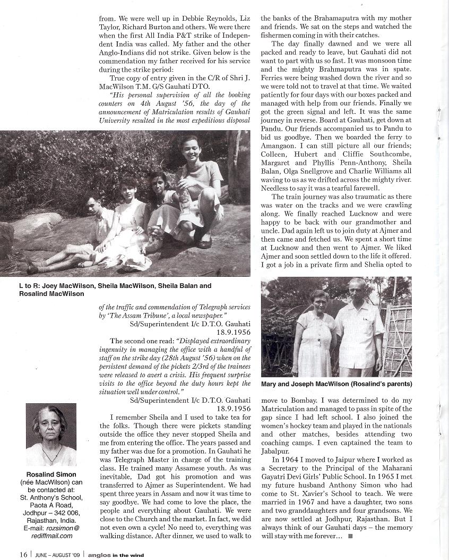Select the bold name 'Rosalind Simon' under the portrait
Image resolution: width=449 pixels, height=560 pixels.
click(51, 474)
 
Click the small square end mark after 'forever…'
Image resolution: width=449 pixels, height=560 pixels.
click(350, 537)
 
